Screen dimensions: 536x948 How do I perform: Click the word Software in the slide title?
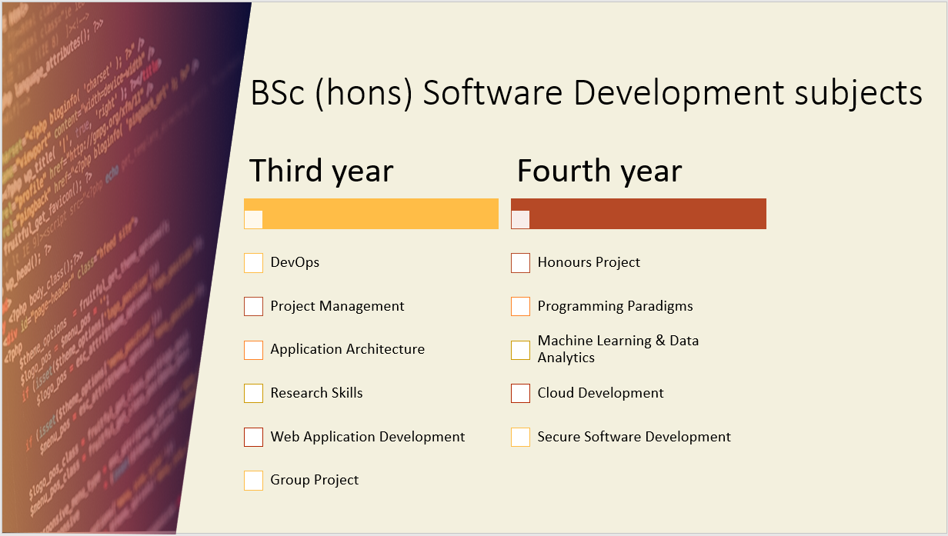pyautogui.click(x=494, y=94)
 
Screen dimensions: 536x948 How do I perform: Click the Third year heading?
pyautogui.click(x=321, y=171)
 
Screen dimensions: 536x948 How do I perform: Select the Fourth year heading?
pyautogui.click(x=599, y=171)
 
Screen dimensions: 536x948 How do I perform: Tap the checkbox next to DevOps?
pyautogui.click(x=254, y=263)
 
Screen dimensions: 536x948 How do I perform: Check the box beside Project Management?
pyautogui.click(x=254, y=306)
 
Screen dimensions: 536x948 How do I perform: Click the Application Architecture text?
pyautogui.click(x=347, y=349)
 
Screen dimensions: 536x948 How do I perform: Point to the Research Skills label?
pyautogui.click(x=316, y=393)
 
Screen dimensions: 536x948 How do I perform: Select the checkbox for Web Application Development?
pyautogui.click(x=254, y=437)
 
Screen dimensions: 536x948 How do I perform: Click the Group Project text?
pyautogui.click(x=314, y=480)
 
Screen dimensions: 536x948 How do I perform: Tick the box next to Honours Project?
pyautogui.click(x=521, y=263)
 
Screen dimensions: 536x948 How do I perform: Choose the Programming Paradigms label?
pyautogui.click(x=615, y=306)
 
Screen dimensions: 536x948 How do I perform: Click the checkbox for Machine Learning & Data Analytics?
pyautogui.click(x=521, y=350)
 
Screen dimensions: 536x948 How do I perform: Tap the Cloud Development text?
pyautogui.click(x=600, y=393)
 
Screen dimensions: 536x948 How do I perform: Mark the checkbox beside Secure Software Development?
pyautogui.click(x=521, y=437)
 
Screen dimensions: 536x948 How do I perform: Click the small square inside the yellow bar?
pyautogui.click(x=254, y=219)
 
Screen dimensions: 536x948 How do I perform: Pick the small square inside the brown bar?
pyautogui.click(x=521, y=219)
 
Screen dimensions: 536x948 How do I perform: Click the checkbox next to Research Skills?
pyautogui.click(x=254, y=393)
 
